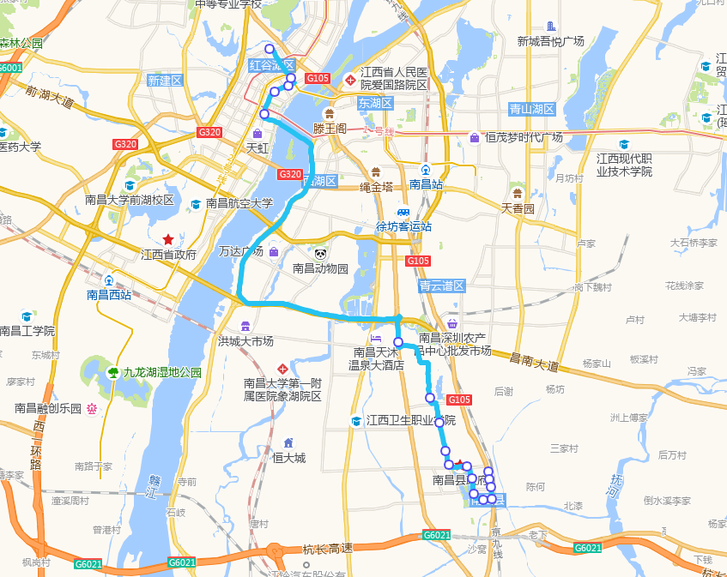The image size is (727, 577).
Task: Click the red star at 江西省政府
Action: pyautogui.click(x=168, y=239)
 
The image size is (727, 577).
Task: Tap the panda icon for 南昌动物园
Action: pyautogui.click(x=320, y=253)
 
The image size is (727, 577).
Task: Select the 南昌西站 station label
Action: pyautogui.click(x=109, y=295)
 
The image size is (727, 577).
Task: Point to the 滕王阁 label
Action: pyautogui.click(x=329, y=129)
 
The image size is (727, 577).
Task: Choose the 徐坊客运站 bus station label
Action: pyautogui.click(x=403, y=226)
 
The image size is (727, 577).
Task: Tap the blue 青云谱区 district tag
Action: pyautogui.click(x=441, y=285)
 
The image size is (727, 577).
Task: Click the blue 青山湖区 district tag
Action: pyautogui.click(x=532, y=109)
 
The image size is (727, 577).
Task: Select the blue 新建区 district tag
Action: pyautogui.click(x=165, y=81)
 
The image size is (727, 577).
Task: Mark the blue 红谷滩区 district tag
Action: pyautogui.click(x=271, y=65)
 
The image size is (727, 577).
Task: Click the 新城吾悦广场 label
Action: pyautogui.click(x=550, y=41)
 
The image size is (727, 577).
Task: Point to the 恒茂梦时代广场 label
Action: pyautogui.click(x=524, y=137)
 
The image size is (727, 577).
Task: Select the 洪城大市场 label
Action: pyautogui.click(x=245, y=340)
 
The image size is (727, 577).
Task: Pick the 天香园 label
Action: pyautogui.click(x=518, y=208)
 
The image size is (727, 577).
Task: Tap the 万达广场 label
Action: pyautogui.click(x=241, y=252)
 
